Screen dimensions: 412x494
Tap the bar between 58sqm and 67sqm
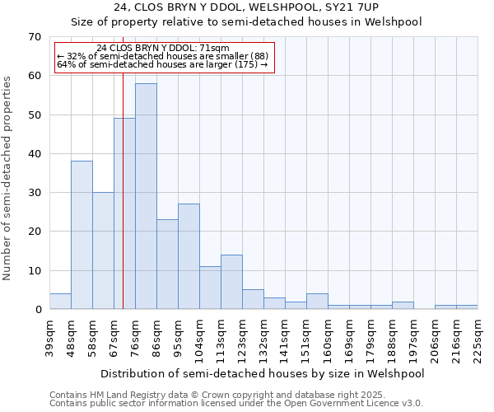(x=103, y=250)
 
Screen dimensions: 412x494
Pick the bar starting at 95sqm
(x=189, y=256)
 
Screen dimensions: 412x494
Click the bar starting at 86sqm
(x=167, y=265)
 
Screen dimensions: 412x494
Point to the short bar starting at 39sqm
(x=60, y=302)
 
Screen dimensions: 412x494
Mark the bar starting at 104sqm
(x=210, y=288)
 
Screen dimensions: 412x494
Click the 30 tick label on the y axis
(x=35, y=193)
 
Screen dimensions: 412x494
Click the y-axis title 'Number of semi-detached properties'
(x=8, y=178)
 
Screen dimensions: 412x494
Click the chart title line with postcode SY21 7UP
(x=246, y=7)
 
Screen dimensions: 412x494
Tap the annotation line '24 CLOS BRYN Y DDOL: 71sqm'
(x=163, y=49)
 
